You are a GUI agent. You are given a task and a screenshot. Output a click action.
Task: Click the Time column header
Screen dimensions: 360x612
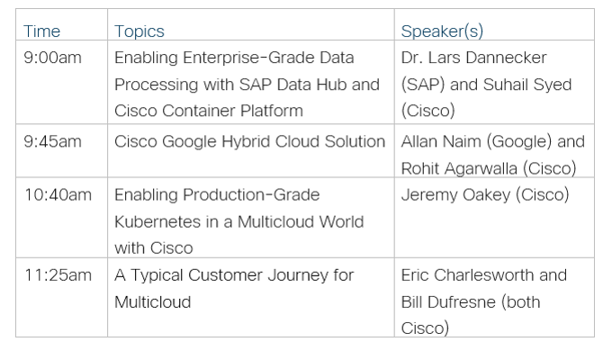click(41, 31)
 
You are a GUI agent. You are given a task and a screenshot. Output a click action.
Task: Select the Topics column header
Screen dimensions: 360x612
click(139, 31)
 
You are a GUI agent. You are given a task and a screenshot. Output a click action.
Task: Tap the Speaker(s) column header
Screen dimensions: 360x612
click(442, 31)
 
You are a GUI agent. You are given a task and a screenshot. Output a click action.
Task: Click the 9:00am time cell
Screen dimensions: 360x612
click(52, 58)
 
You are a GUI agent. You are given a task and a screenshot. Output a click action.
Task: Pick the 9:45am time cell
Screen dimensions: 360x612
click(52, 141)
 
